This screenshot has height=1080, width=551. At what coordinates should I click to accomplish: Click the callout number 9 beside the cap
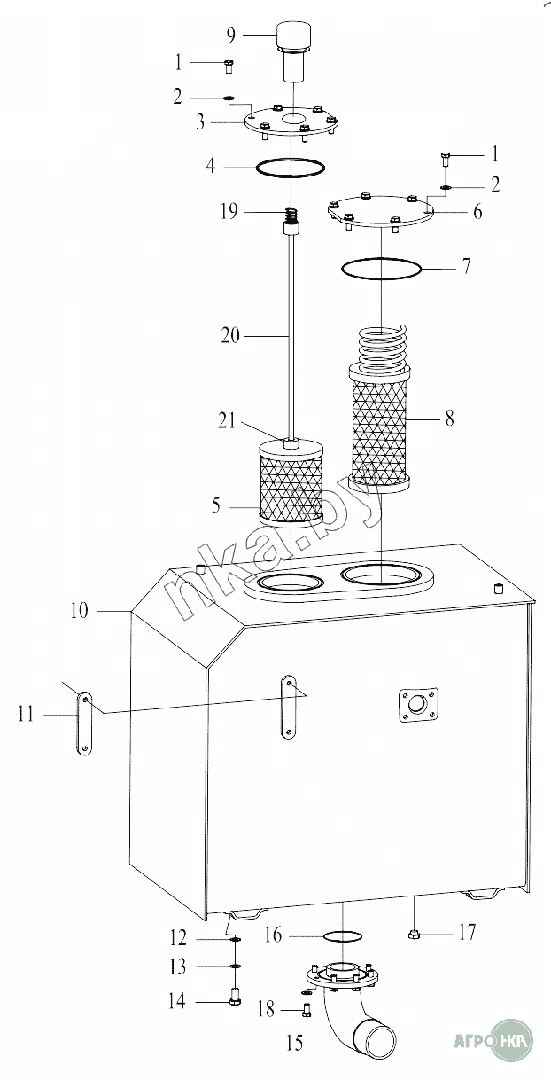[230, 35]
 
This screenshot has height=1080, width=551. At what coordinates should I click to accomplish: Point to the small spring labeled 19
[290, 215]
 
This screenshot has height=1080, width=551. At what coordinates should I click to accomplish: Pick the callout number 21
[228, 420]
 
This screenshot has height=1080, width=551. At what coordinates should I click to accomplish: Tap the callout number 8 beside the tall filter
[449, 417]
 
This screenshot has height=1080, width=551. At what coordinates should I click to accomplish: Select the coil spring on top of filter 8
[381, 346]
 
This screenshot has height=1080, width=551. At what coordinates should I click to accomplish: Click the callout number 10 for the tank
[80, 610]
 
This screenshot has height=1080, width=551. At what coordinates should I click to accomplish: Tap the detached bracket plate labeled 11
[83, 723]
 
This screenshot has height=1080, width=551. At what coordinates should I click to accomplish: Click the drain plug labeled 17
[414, 933]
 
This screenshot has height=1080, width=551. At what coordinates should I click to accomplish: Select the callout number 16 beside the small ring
[273, 935]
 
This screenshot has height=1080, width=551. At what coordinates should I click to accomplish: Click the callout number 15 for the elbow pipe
[294, 1044]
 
